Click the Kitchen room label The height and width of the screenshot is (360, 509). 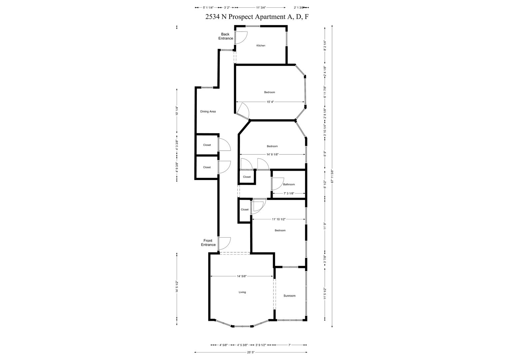[260, 45]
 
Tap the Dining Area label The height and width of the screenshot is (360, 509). [208, 111]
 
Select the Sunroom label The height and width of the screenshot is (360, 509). [289, 296]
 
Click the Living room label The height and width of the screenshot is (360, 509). [242, 292]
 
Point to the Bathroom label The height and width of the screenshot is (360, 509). [289, 184]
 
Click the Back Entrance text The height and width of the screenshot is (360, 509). [226, 36]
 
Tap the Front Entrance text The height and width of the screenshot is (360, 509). [208, 242]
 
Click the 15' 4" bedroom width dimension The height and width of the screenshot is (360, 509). [270, 102]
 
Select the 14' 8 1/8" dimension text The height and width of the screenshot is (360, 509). [272, 154]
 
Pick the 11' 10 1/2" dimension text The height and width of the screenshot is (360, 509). [278, 219]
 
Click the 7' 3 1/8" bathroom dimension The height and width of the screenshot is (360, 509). [289, 193]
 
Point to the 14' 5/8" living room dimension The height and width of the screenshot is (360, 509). [242, 276]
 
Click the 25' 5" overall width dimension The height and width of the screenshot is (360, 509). [251, 352]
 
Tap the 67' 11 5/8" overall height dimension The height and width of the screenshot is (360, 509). [332, 176]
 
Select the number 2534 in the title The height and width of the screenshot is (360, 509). [213, 17]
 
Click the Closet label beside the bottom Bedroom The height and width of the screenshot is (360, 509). [245, 209]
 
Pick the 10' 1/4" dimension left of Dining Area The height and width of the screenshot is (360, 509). [177, 111]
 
